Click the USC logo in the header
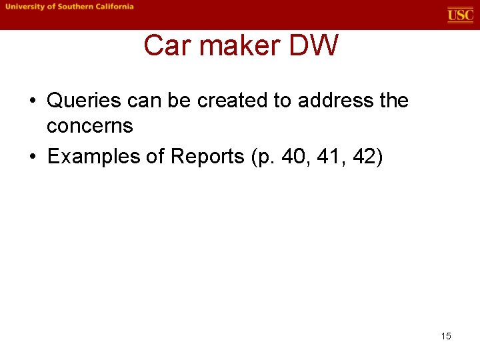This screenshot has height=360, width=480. click(x=460, y=15)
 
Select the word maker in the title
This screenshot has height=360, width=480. click(x=238, y=46)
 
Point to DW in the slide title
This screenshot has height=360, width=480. click(x=315, y=46)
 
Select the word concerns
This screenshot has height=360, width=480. click(x=90, y=125)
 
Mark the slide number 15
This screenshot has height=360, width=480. click(x=446, y=336)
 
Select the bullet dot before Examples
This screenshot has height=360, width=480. click(x=32, y=157)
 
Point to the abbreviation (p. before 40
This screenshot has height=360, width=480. click(x=263, y=157)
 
